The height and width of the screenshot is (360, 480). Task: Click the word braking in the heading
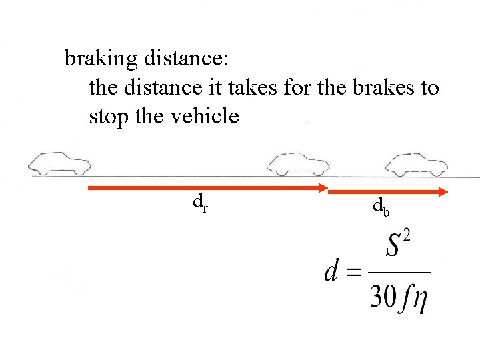tap(100, 59)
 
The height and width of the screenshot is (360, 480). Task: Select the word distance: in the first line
tap(185, 59)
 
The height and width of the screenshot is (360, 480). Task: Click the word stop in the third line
tap(109, 117)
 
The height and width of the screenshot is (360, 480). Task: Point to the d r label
tap(200, 201)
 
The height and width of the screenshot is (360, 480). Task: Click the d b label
tap(381, 209)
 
